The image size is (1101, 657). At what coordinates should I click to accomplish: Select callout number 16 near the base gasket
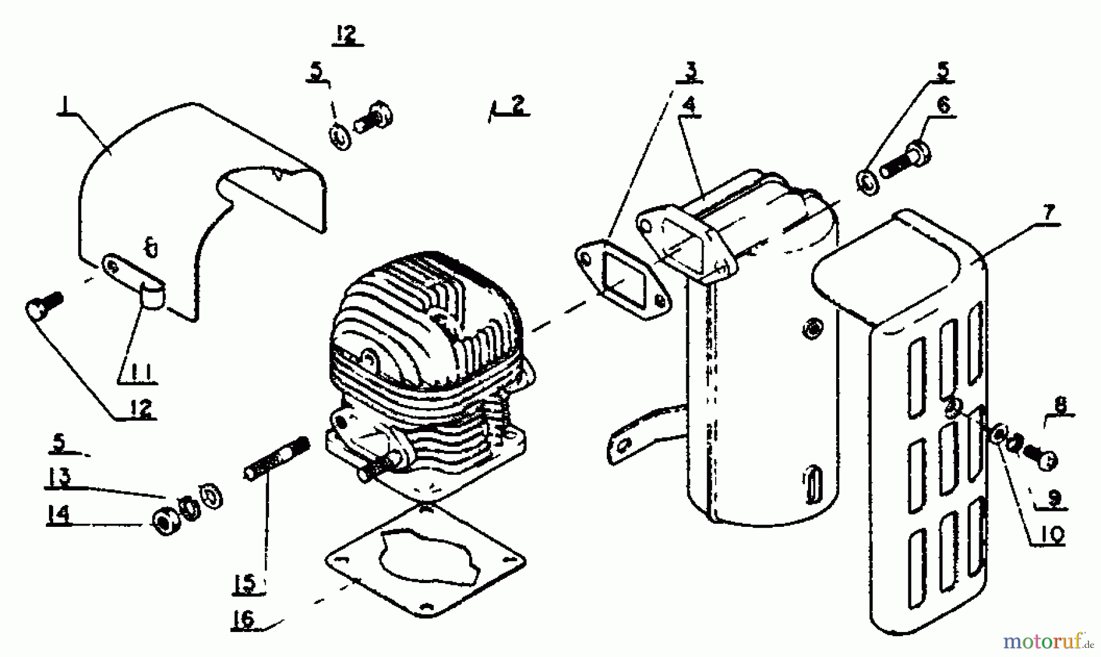point(243,618)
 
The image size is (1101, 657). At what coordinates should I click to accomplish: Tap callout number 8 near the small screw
point(1060,405)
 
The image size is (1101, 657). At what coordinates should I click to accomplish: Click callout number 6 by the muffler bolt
point(943,105)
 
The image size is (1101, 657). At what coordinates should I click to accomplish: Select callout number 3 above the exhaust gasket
point(690,72)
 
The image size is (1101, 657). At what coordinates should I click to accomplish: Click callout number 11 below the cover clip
point(138,372)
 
